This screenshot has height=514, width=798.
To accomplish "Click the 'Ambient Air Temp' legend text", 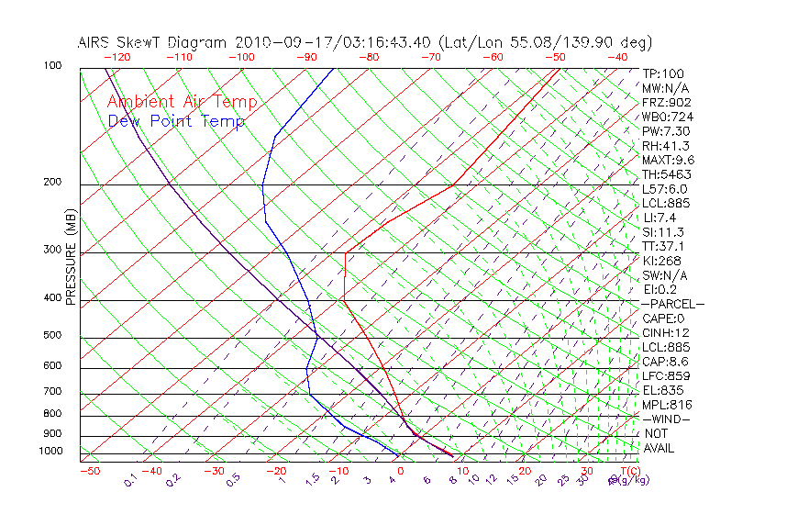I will [183, 102].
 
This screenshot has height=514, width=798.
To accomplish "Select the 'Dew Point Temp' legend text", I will [176, 121].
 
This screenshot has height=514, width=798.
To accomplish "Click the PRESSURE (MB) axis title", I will [71, 262].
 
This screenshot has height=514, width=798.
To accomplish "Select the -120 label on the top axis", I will [116, 56].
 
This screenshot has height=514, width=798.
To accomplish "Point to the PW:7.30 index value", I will [666, 131].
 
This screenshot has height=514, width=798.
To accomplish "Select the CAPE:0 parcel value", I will [666, 318].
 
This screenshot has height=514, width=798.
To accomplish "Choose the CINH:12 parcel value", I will [666, 333].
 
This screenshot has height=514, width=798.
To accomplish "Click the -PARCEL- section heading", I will [672, 304].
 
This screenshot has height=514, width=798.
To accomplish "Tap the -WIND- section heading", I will [666, 419].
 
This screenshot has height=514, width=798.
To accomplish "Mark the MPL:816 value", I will [667, 405].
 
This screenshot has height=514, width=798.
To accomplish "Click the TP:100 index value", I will [663, 73].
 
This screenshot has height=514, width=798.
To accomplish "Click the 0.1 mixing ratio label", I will [130, 479].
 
